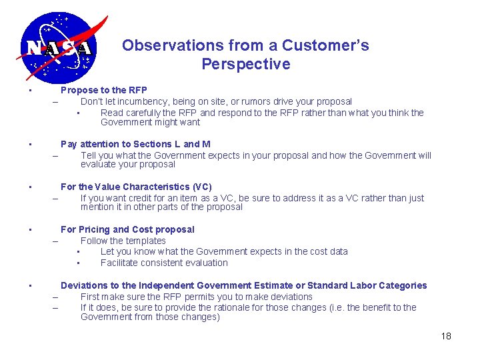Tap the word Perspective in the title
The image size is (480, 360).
(x=245, y=64)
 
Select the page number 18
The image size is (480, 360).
(x=446, y=335)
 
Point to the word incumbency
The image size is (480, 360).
(x=141, y=101)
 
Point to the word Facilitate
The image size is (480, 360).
(x=121, y=262)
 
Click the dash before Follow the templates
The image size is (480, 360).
(x=55, y=241)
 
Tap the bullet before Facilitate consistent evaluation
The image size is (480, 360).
(x=78, y=263)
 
